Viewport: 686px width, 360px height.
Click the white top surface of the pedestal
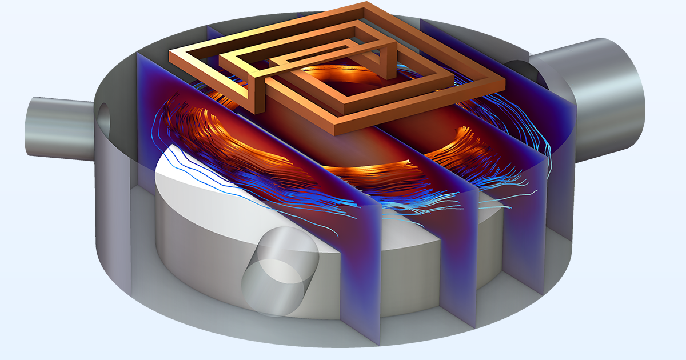pos(189,177)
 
